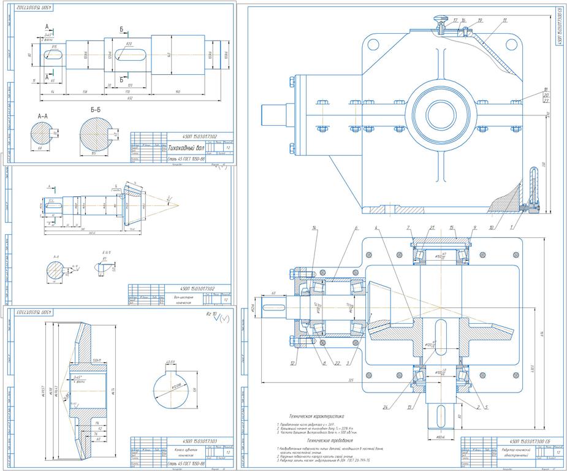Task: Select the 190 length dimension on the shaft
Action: point(178,91)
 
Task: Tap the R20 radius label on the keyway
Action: point(129,45)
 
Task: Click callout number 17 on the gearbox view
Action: point(455,20)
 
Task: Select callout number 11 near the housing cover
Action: point(504,20)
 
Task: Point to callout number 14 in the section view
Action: point(314,228)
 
